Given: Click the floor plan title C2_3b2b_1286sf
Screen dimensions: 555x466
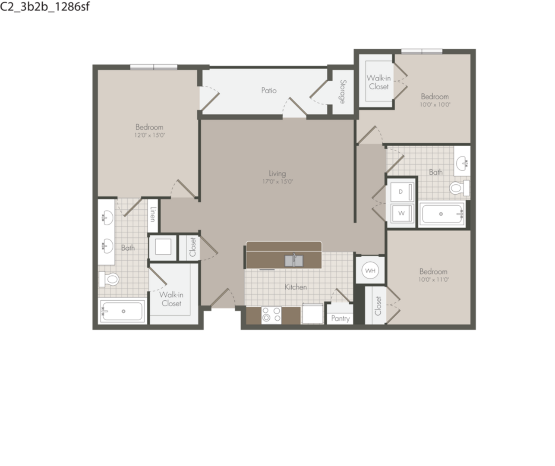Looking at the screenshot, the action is click(44, 6).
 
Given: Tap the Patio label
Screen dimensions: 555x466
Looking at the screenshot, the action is click(269, 90).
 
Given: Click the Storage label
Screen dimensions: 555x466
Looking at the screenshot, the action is click(343, 92).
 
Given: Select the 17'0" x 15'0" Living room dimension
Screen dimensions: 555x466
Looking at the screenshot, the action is click(277, 182).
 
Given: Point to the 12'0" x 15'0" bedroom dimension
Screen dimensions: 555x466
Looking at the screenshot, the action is click(149, 135).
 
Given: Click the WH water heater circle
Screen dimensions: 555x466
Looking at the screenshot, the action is click(370, 271).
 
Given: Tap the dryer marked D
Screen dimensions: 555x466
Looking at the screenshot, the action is click(402, 192).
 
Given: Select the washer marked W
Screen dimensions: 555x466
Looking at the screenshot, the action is click(402, 213).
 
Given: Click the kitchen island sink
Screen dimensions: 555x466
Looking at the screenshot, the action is click(294, 261).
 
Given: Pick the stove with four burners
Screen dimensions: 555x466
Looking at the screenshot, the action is click(271, 315).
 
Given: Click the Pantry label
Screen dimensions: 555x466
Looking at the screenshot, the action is click(340, 318).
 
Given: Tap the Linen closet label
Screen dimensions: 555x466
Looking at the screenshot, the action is click(153, 214).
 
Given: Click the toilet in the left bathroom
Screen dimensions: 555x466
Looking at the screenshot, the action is click(109, 279).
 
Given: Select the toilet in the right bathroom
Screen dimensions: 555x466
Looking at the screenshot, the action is click(459, 188).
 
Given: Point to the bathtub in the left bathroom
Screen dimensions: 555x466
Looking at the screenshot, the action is click(123, 311).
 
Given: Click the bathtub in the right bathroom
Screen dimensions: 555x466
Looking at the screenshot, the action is click(442, 214).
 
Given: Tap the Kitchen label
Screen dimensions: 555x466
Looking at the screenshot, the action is click(296, 287).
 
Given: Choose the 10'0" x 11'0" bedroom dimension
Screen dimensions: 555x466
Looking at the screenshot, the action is click(434, 280).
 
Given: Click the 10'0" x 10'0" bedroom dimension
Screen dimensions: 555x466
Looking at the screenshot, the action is click(435, 105).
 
